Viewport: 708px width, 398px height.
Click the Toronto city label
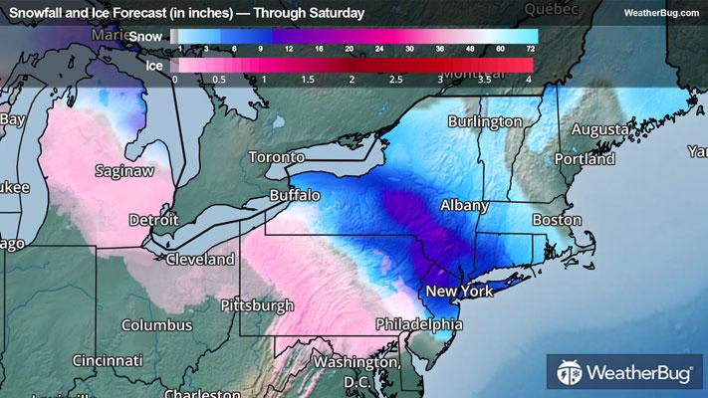tap(276, 158)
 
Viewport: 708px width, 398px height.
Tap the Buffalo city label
tap(295, 195)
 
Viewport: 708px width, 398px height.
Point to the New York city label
tap(460, 292)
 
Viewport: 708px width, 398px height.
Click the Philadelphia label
tap(419, 324)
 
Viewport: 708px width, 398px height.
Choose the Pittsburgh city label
tap(258, 304)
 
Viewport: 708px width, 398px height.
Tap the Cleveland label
tap(200, 259)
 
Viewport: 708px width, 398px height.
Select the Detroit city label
tap(153, 219)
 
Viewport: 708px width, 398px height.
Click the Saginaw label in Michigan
tap(123, 170)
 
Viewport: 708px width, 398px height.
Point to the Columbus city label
tap(156, 325)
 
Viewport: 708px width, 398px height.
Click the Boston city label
tap(557, 220)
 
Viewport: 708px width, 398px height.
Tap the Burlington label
tap(485, 121)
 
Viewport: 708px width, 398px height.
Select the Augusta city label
tap(599, 129)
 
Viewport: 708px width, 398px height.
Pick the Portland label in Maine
tap(586, 158)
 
